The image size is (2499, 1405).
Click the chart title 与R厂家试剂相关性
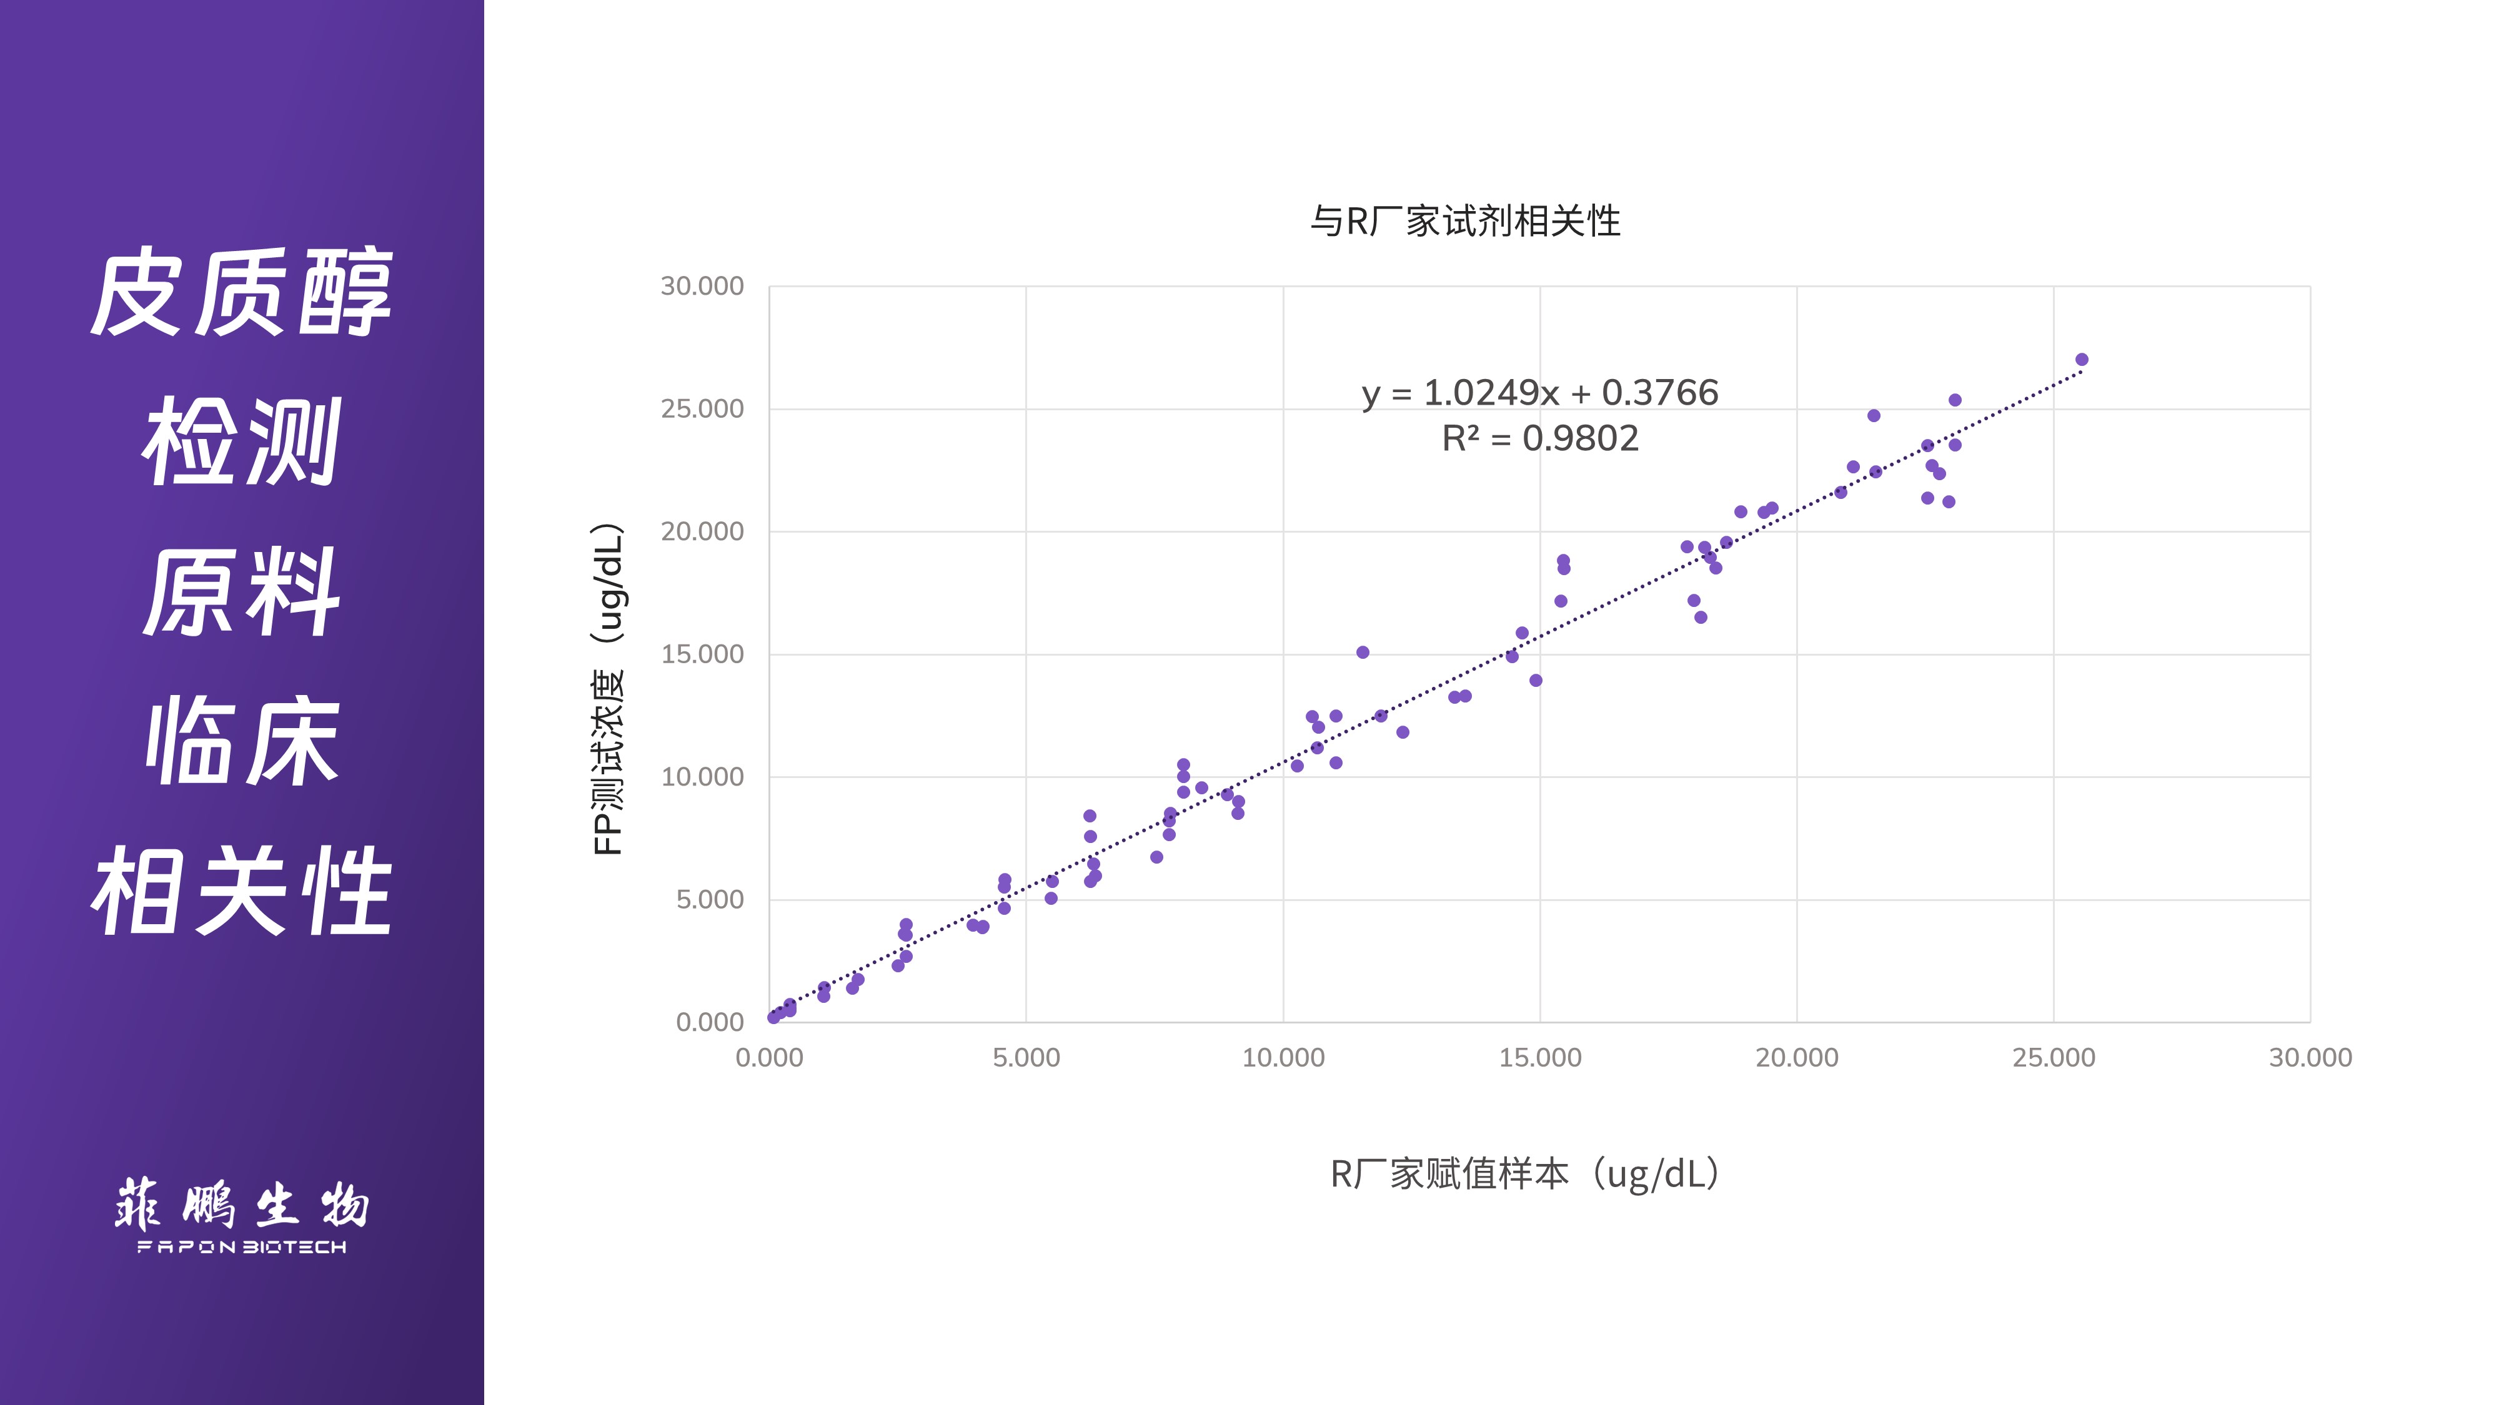(1465, 221)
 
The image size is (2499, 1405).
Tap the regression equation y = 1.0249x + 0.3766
(1539, 393)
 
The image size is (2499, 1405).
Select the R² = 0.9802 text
(1539, 438)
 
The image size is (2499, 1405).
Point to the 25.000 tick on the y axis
(702, 409)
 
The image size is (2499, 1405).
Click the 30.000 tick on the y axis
(702, 286)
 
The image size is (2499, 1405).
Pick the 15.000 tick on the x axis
(1539, 1058)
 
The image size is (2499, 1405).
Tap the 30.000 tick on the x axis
(2310, 1058)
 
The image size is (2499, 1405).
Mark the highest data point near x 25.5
(2081, 360)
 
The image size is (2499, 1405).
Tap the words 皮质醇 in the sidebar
(242, 292)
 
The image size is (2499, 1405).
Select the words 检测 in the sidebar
(242, 441)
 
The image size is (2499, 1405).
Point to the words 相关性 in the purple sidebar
(242, 890)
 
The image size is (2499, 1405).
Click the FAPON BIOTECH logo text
(242, 1247)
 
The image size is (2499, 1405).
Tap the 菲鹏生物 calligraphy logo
(242, 1205)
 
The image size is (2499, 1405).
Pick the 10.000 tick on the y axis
(702, 777)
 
